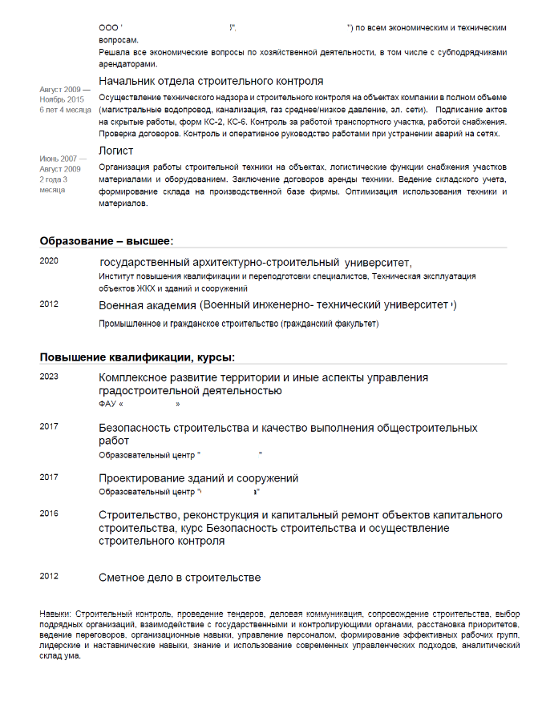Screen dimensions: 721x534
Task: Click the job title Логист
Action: pos(115,151)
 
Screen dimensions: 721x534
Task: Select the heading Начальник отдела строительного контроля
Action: pos(211,82)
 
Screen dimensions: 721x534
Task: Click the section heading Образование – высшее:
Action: pos(107,241)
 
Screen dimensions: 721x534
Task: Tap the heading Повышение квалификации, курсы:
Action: pos(138,357)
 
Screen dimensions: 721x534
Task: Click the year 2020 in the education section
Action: pos(49,261)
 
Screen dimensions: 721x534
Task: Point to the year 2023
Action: pos(49,377)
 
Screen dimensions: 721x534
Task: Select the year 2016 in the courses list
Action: pos(49,513)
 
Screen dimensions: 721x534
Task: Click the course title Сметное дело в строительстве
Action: pos(180,578)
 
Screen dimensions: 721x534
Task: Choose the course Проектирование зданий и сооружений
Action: pos(198,478)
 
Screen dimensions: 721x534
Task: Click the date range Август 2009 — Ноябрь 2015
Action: pos(62,94)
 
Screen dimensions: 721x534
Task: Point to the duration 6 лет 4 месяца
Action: pos(66,110)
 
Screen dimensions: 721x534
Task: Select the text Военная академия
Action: pos(148,305)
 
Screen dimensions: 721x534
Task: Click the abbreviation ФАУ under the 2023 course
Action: pos(107,404)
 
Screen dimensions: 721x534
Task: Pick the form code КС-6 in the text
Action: pos(237,122)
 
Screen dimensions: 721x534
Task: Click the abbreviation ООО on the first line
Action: pos(108,28)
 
